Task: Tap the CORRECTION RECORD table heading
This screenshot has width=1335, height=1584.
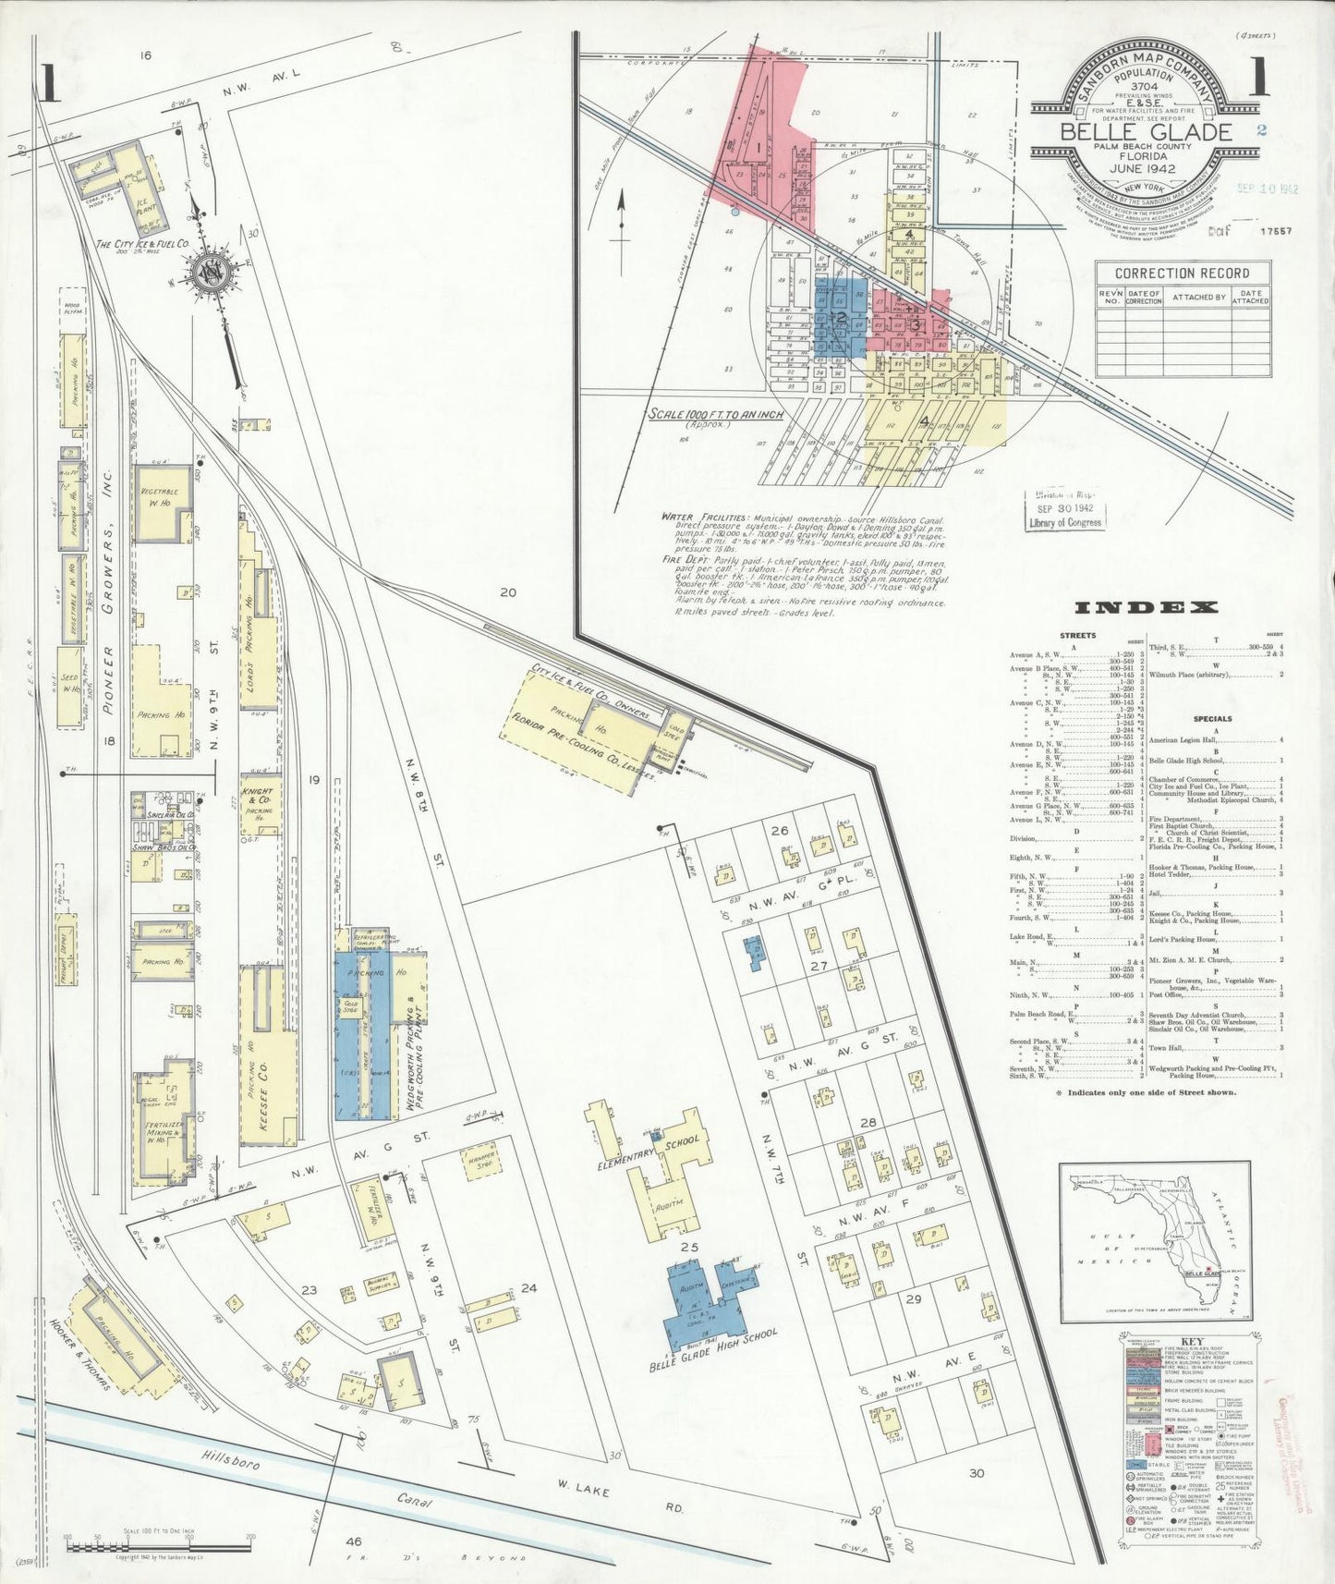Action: point(1182,274)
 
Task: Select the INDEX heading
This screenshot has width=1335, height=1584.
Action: point(1146,607)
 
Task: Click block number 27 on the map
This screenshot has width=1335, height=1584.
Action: point(818,966)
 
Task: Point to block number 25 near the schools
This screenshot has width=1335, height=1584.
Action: point(687,1248)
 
